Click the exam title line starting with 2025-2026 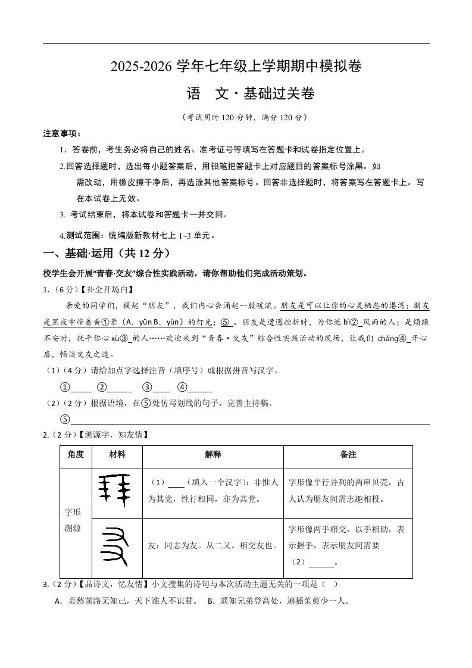pos(236,67)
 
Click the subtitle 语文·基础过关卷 pos(250,94)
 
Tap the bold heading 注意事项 pos(62,133)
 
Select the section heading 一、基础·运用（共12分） pos(105,253)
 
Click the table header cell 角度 pos(76,454)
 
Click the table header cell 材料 pos(117,454)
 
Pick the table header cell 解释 pos(212,454)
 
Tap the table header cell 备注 pos(348,454)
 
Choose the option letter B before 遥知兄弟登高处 pos(211,601)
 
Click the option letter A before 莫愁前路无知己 pos(58,601)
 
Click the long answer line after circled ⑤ pos(250,420)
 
